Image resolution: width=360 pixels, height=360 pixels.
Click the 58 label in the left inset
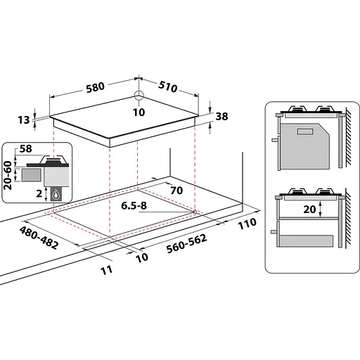[27, 150]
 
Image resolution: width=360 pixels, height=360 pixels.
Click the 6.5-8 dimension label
[134, 205]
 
